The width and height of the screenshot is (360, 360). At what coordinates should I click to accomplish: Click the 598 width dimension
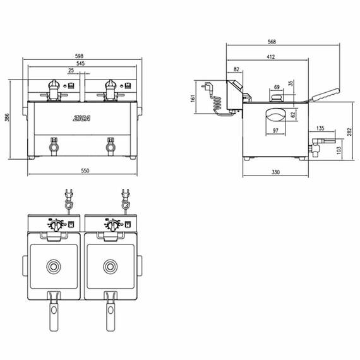[79, 56]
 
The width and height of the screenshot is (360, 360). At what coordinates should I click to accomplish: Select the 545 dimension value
[80, 63]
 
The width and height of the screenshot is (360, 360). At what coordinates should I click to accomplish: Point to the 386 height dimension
[7, 117]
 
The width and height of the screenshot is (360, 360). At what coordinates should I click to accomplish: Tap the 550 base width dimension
[85, 171]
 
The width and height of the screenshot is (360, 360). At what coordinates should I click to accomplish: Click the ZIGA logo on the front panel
[81, 118]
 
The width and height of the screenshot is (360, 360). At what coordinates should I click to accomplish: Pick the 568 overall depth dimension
[272, 42]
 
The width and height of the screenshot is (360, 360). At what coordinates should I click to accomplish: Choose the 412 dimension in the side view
[271, 57]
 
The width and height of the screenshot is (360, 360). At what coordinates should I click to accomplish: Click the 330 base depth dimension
[275, 172]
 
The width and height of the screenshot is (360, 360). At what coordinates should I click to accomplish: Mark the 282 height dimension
[349, 132]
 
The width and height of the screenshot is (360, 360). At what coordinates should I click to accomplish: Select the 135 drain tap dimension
[320, 128]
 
